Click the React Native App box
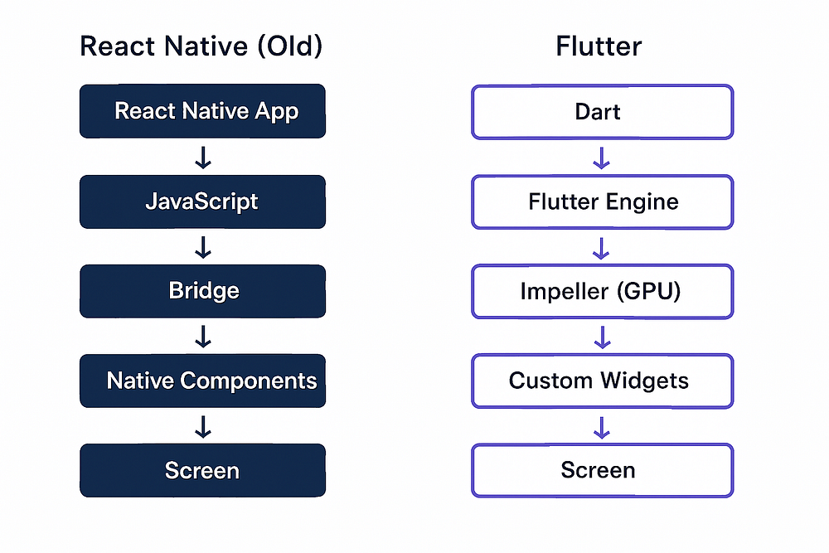pyautogui.click(x=202, y=111)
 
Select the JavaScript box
pyautogui.click(x=202, y=201)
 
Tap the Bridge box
pyautogui.click(x=202, y=291)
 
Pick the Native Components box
pyautogui.click(x=202, y=381)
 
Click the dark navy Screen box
pyautogui.click(x=202, y=470)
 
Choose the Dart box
pyautogui.click(x=602, y=111)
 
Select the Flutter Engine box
pyautogui.click(x=602, y=201)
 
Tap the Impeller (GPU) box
pyautogui.click(x=602, y=291)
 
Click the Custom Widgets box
pyautogui.click(x=602, y=381)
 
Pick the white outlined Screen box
pyautogui.click(x=602, y=470)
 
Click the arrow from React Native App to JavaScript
pyautogui.click(x=202, y=157)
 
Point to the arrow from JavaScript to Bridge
pyautogui.click(x=202, y=246)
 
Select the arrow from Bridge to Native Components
pyautogui.click(x=202, y=336)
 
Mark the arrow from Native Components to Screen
pyautogui.click(x=202, y=426)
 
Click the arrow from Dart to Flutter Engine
pyautogui.click(x=602, y=157)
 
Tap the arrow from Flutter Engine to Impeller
pyautogui.click(x=602, y=246)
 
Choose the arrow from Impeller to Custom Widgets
pyautogui.click(x=602, y=336)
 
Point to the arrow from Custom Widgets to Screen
pyautogui.click(x=602, y=426)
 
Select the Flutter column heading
pyautogui.click(x=599, y=46)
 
